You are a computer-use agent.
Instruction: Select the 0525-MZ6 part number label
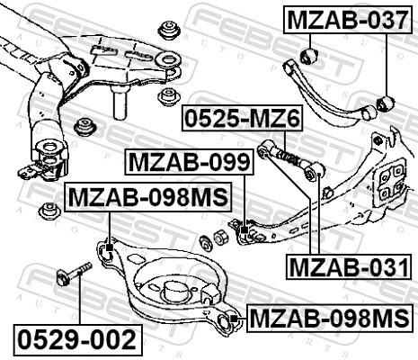[242, 118]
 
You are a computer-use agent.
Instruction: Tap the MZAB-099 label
[189, 163]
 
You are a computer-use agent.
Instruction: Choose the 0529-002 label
[77, 339]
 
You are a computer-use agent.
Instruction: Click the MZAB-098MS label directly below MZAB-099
[147, 195]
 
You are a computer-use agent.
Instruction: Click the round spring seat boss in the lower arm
[171, 288]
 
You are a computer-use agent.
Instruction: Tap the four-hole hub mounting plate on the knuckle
[392, 183]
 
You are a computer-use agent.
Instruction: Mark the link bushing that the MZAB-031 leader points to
[312, 171]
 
